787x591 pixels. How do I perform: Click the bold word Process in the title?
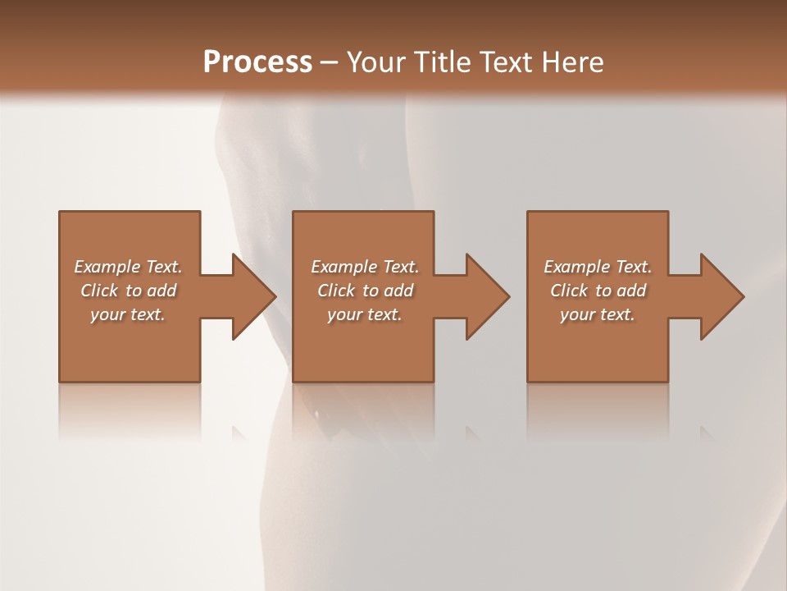click(x=257, y=62)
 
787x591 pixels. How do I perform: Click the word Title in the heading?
click(x=439, y=62)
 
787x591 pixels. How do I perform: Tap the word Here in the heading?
click(x=571, y=62)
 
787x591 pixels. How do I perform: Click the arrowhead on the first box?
click(x=252, y=296)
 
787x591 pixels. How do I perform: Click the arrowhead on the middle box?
click(x=487, y=296)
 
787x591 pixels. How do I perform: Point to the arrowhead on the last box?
click(x=721, y=296)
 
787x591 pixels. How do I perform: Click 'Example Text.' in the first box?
click(x=128, y=267)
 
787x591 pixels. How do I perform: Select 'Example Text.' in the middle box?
click(x=365, y=267)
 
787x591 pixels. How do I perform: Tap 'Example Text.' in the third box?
click(x=598, y=267)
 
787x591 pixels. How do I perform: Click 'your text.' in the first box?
click(x=128, y=314)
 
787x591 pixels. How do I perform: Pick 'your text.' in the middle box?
click(x=365, y=314)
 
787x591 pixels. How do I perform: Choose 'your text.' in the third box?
click(x=598, y=314)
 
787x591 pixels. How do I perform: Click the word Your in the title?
click(x=373, y=62)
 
